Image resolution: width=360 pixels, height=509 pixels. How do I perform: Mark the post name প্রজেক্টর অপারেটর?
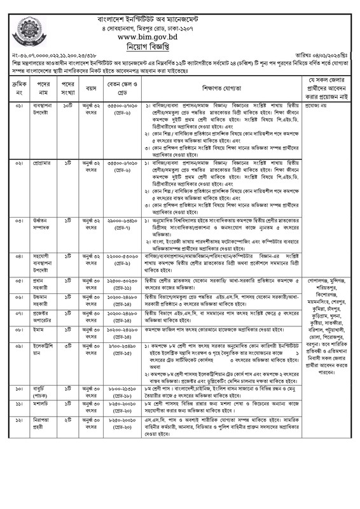[x=42, y=317]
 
